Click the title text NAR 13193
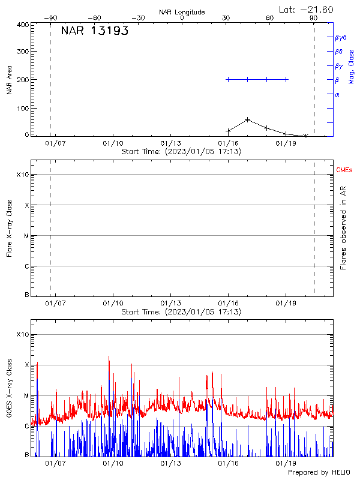pos(95,32)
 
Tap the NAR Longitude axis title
pos(182,12)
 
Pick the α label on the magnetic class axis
pos(337,94)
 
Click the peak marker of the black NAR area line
pos(247,119)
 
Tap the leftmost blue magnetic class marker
pos(228,79)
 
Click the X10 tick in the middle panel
pos(23,175)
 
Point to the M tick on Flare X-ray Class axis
pos(27,236)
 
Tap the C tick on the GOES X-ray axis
pos(27,426)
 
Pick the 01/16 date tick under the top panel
pos(228,144)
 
